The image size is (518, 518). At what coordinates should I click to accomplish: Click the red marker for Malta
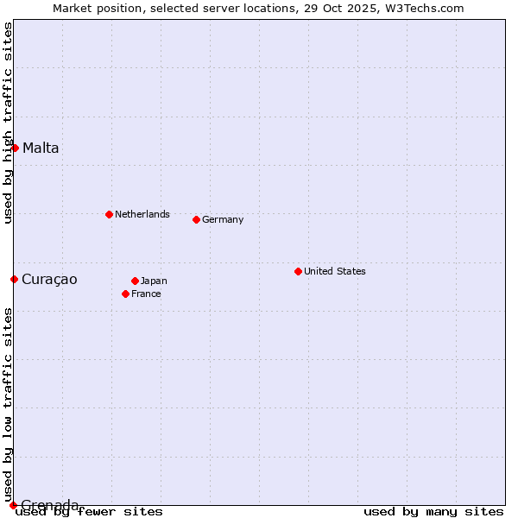15,148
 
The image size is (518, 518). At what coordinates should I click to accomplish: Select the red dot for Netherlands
109,214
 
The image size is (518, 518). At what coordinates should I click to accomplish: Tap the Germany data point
196,219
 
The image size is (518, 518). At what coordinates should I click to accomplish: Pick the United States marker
298,271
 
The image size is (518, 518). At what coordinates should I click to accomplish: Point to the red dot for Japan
135,281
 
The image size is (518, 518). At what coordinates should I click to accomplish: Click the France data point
125,294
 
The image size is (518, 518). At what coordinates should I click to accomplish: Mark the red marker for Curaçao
14,279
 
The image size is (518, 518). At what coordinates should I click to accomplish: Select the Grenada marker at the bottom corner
13,504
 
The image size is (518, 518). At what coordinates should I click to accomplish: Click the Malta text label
41,148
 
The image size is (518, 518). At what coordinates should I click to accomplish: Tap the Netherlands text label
142,214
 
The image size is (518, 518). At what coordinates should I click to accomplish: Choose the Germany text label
223,219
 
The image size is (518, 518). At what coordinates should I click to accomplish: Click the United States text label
335,271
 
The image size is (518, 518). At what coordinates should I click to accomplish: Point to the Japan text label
154,281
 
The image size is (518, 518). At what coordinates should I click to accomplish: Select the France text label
146,294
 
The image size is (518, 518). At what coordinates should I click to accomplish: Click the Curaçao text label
49,279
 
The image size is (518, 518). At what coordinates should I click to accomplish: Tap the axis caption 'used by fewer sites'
90,512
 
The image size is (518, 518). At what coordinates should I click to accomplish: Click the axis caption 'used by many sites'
433,512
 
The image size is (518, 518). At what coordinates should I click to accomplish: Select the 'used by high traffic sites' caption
8,123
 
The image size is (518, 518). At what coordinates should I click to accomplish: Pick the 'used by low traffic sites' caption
8,404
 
